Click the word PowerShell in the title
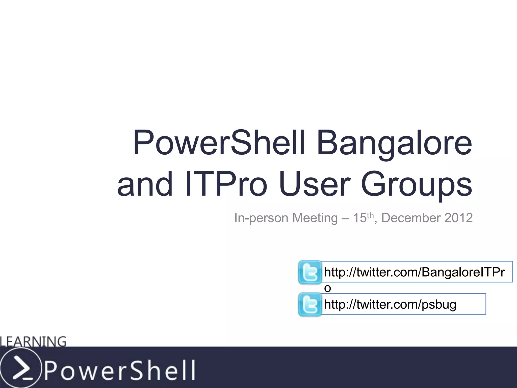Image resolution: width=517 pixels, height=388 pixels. tap(218, 143)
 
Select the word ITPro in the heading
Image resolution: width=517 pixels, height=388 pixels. tap(226, 184)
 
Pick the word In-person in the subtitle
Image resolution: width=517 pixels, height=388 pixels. tap(261, 218)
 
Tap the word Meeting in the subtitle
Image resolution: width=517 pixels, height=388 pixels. tap(315, 218)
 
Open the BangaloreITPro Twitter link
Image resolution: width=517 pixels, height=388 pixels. tap(414, 272)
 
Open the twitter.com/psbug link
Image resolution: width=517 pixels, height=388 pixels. tap(390, 304)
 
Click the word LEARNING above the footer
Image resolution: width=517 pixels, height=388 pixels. tap(33, 341)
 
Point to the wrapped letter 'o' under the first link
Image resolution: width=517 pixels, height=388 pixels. tap(327, 288)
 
